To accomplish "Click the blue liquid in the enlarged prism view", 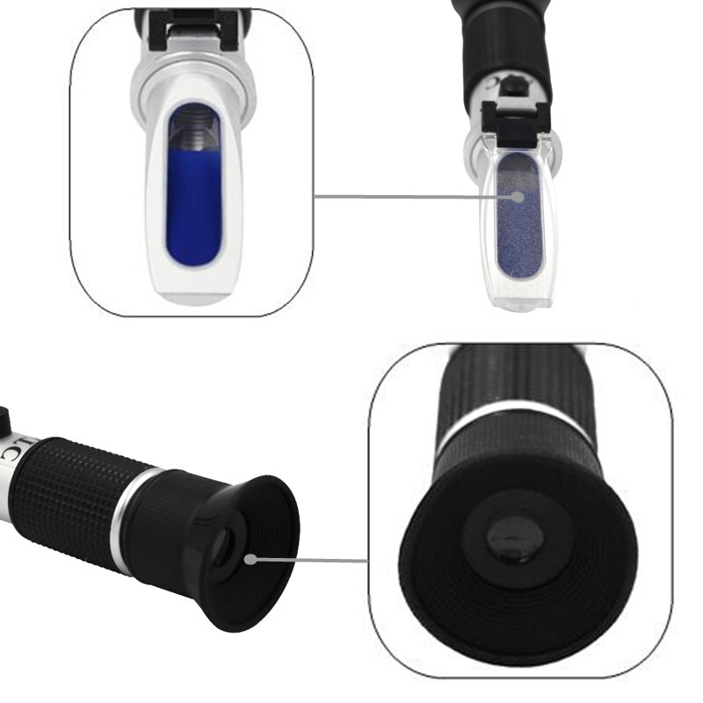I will click(192, 211).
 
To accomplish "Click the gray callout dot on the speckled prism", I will click(519, 198).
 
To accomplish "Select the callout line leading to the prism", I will click(413, 198).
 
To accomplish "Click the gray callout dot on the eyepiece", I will click(251, 557).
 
